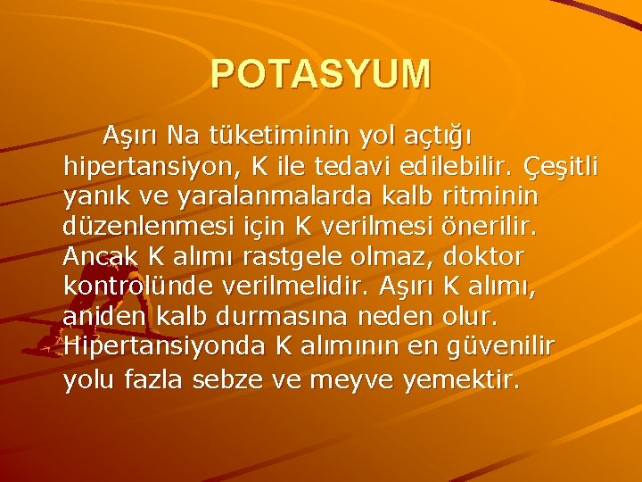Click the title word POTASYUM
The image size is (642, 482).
click(321, 73)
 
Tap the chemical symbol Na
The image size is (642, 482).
click(185, 136)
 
